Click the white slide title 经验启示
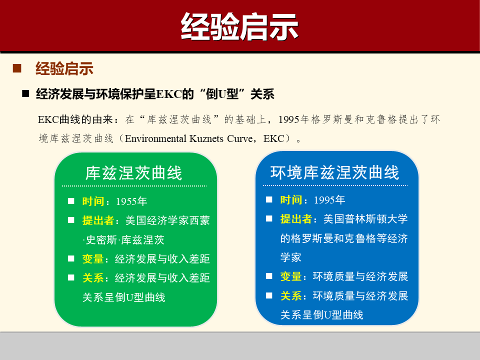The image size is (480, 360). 239,26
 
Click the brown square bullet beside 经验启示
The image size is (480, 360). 17,68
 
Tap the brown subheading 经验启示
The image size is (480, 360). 64,68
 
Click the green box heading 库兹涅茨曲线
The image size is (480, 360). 134,173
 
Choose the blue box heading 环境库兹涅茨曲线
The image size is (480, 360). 335,172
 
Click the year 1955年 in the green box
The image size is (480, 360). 131,201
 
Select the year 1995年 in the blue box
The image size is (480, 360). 329,200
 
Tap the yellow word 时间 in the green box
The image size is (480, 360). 93,201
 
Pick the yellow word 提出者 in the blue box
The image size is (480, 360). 296,219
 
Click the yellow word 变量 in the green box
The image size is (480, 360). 93,259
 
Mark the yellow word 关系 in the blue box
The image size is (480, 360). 291,296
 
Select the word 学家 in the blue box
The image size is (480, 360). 291,257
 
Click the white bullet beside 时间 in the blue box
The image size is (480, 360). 269,199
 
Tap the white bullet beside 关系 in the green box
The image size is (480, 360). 71,277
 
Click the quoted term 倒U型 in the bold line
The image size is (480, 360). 218,94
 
